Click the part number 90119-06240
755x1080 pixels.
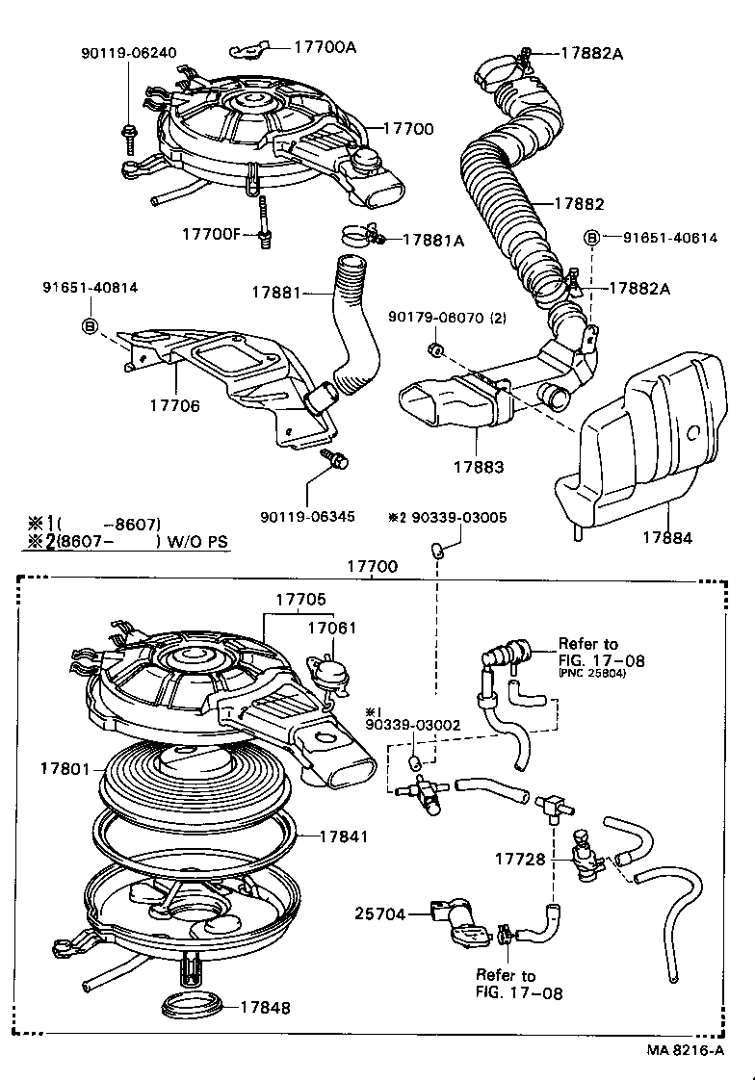[x=128, y=54]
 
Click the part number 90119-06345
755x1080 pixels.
[x=307, y=516]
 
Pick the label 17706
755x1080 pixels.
[x=174, y=406]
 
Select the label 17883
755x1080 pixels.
[x=480, y=467]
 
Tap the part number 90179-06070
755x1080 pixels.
[x=433, y=317]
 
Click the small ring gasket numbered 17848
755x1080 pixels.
[x=194, y=1006]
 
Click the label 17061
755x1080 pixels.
[x=331, y=629]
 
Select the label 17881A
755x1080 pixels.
[x=432, y=240]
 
